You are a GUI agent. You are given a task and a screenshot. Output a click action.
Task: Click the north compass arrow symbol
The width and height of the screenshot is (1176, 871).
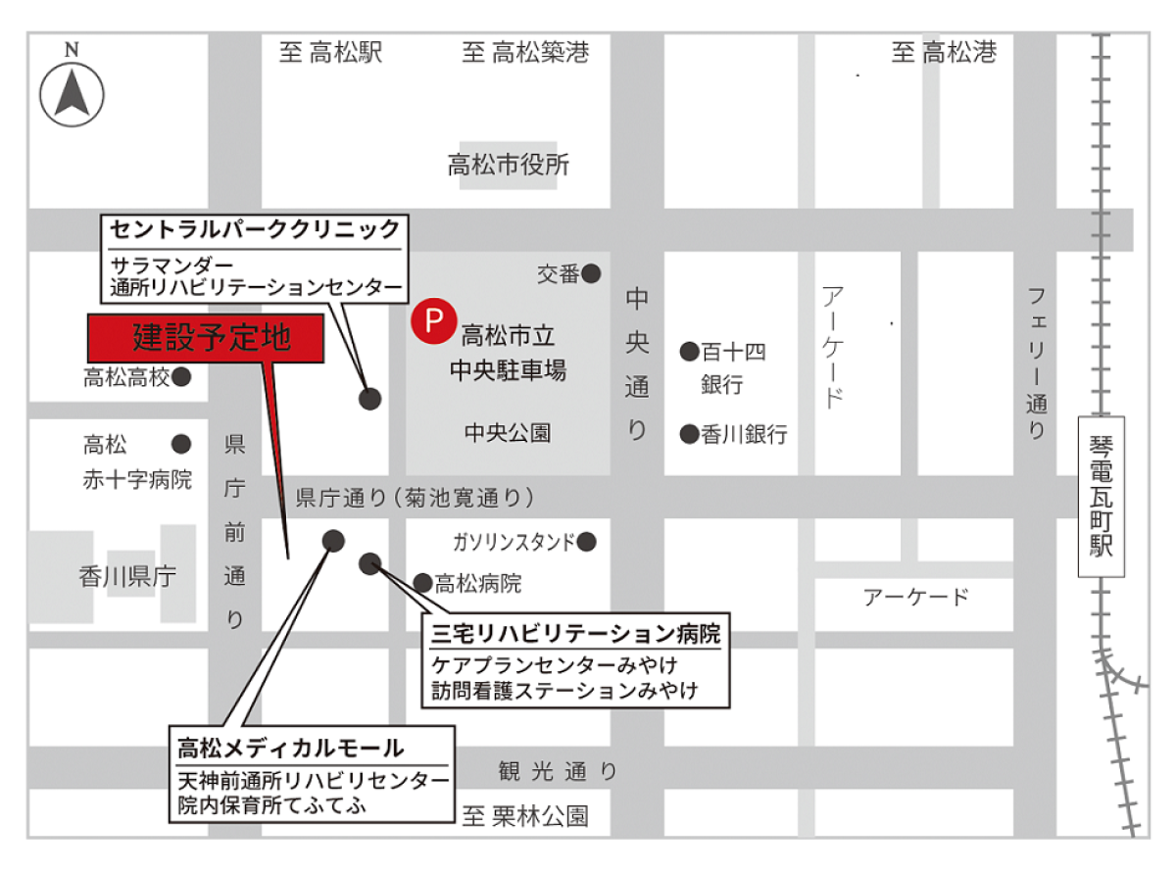tap(72, 95)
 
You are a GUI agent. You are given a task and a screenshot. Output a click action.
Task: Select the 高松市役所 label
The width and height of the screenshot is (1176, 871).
tap(508, 165)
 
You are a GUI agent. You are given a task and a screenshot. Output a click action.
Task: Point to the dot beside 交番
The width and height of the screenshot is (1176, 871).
tap(591, 274)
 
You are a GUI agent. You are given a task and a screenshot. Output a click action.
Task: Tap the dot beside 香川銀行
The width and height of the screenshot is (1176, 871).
tap(689, 433)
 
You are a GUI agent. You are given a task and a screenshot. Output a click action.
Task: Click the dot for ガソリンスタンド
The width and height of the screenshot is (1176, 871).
tap(587, 541)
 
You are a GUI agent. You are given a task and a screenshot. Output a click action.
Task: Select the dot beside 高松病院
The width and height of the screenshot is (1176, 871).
tap(422, 584)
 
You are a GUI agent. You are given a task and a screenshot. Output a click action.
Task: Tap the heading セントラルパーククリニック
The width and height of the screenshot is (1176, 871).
tap(255, 230)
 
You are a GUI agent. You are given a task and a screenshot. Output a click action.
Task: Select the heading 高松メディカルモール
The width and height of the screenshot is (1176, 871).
tap(290, 749)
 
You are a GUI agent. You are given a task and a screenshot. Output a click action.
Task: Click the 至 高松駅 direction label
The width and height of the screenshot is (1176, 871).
tap(330, 53)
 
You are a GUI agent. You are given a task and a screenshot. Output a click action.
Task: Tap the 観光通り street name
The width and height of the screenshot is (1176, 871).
tap(557, 772)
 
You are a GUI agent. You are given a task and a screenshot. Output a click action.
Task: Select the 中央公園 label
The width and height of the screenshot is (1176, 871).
tap(508, 432)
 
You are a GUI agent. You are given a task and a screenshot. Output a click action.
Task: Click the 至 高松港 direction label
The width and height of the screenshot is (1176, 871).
tap(944, 53)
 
